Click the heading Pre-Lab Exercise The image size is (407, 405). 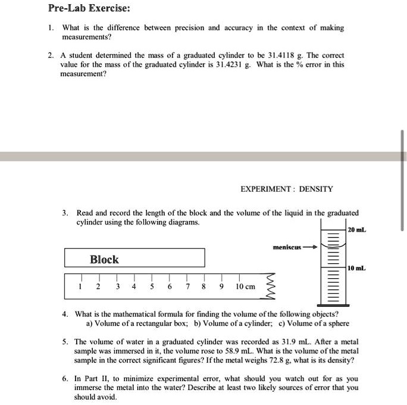point(89,9)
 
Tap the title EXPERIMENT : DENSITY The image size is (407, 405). point(287,189)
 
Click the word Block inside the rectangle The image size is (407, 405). point(104,260)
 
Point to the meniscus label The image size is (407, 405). point(287,246)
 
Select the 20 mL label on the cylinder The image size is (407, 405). point(357,229)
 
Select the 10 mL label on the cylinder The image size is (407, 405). point(357,269)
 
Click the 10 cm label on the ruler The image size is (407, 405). point(245,286)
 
